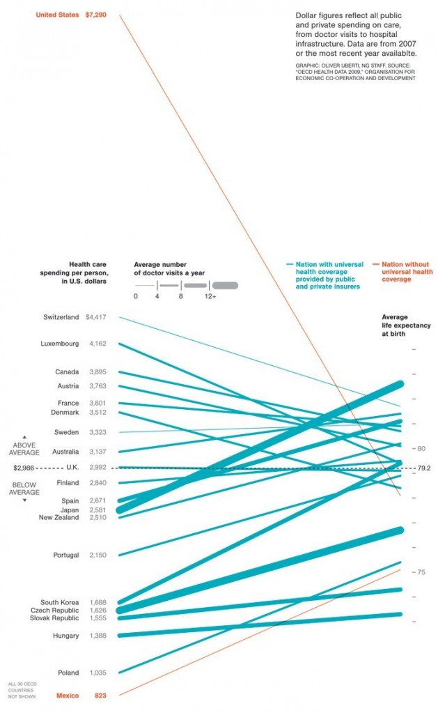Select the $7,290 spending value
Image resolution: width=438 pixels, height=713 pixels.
(96, 14)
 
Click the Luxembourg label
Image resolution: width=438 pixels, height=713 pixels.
(60, 344)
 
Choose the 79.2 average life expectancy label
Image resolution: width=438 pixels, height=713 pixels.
(424, 468)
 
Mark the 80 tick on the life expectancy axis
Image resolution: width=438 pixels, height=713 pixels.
(421, 449)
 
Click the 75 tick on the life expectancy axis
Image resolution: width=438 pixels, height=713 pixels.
(421, 572)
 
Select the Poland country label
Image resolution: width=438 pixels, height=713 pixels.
(67, 673)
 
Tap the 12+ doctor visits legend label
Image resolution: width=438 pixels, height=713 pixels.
(210, 297)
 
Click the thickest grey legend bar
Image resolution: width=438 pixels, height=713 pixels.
(225, 285)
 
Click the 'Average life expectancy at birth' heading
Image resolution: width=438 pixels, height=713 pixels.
(395, 325)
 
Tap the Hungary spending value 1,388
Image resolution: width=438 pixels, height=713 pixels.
(97, 636)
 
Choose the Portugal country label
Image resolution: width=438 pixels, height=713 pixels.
(65, 555)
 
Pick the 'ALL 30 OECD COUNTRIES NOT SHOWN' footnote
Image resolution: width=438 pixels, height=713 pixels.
(21, 689)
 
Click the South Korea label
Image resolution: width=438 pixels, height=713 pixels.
(59, 602)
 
